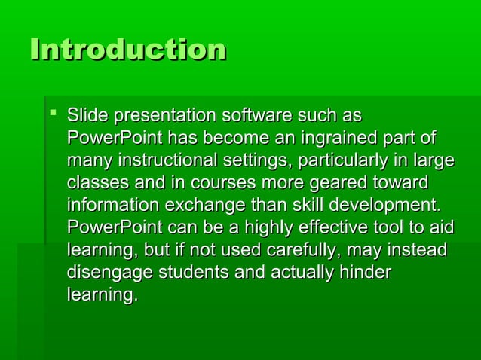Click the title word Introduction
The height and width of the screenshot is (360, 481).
(x=127, y=50)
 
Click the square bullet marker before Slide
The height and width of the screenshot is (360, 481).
(x=54, y=115)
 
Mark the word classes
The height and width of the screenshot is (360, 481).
(x=99, y=184)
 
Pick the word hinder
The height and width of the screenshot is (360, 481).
(x=366, y=273)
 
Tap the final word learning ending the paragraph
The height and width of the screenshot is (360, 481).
(x=102, y=295)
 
